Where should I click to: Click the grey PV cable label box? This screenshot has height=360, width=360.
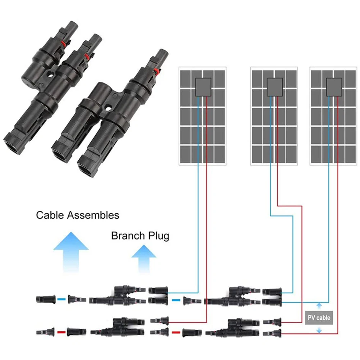[x=318, y=318]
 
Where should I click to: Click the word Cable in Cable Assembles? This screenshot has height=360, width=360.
[x=50, y=215]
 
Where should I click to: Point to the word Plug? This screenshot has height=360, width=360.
[x=158, y=236]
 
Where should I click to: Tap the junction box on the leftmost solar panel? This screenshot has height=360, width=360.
[x=203, y=87]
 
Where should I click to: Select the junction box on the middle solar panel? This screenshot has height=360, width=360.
[x=274, y=87]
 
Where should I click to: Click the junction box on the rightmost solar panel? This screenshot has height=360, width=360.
[x=334, y=87]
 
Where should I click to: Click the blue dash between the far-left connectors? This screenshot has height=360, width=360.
[x=60, y=299]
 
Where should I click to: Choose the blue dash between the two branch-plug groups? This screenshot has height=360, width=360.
[x=176, y=299]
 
